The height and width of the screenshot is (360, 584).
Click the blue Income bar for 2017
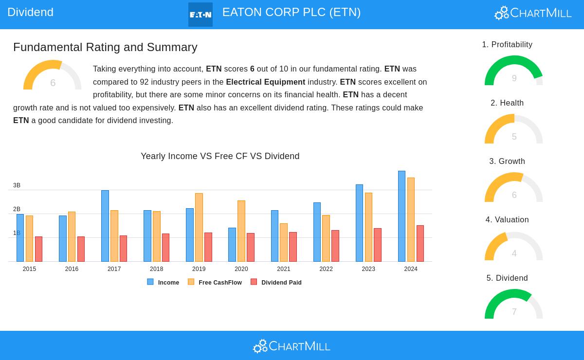pyautogui.click(x=105, y=226)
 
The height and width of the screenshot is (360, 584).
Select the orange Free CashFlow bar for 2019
pyautogui.click(x=199, y=228)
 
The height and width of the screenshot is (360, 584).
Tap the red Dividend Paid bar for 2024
pyautogui.click(x=420, y=244)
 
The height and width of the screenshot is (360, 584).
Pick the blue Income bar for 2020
pyautogui.click(x=232, y=245)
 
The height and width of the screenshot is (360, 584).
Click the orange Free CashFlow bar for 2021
pyautogui.click(x=284, y=243)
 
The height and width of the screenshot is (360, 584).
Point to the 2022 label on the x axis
pyautogui.click(x=326, y=269)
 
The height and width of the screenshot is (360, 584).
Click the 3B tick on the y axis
pyautogui.click(x=17, y=185)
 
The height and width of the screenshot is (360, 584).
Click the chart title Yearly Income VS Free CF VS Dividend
pyautogui.click(x=220, y=156)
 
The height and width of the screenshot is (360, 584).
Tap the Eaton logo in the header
pyautogui.click(x=201, y=15)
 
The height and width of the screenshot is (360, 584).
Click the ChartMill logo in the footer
pyautogui.click(x=292, y=346)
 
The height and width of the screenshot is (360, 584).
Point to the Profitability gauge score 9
pyautogui.click(x=514, y=78)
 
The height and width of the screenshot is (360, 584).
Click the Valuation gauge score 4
pyautogui.click(x=514, y=253)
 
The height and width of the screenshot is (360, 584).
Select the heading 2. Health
pyautogui.click(x=507, y=103)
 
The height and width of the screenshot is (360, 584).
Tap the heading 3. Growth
pyautogui.click(x=507, y=162)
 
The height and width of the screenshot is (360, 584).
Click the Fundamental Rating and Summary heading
pyautogui.click(x=105, y=47)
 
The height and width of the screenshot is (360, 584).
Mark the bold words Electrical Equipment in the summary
pyautogui.click(x=265, y=82)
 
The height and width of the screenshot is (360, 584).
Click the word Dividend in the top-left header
pyautogui.click(x=30, y=12)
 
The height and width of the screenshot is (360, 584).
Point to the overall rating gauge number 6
pyautogui.click(x=53, y=83)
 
